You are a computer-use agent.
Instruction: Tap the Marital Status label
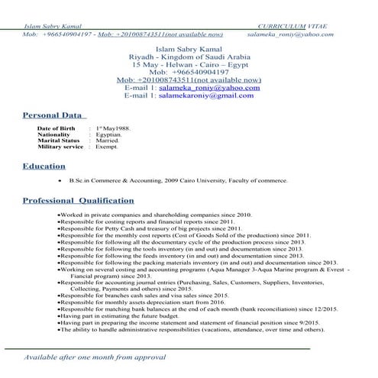(x=58, y=141)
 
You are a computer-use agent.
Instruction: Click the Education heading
(x=44, y=166)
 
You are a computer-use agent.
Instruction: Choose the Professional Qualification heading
(x=78, y=200)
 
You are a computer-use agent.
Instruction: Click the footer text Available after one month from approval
(x=95, y=357)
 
